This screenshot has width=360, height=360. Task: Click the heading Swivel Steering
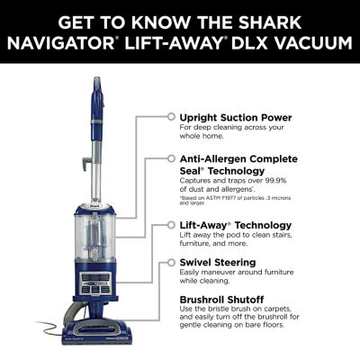point(217,263)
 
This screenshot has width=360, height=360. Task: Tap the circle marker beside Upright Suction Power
point(170,117)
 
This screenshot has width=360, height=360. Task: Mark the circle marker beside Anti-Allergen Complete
point(170,157)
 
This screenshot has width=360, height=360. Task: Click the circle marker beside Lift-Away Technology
point(170,225)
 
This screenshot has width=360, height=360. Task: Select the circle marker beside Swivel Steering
point(170,263)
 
